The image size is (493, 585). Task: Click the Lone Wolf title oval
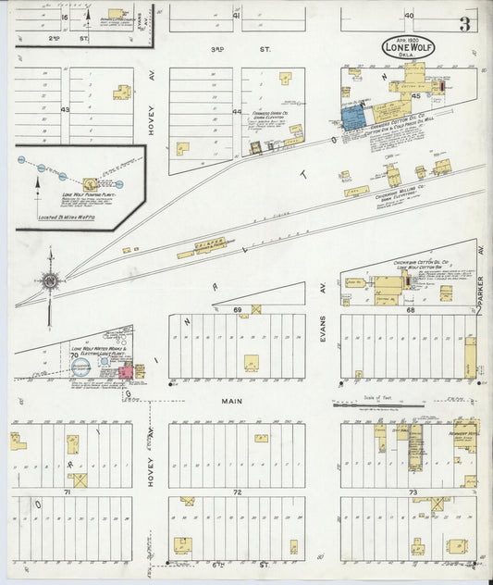coord(410,47)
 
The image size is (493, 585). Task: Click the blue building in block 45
coord(352,118)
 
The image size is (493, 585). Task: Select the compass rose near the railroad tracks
coord(51,280)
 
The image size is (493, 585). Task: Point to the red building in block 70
coord(124,372)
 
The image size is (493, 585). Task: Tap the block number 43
coord(65,110)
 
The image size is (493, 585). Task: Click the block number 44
coord(237,112)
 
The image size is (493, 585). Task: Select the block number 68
coord(410,310)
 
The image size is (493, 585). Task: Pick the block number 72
coord(237,492)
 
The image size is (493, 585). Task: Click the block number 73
coord(413,492)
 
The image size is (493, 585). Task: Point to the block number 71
coord(67,492)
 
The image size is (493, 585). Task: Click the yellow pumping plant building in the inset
coord(91,184)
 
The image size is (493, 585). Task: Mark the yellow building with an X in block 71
coord(80,480)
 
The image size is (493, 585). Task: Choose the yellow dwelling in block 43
coord(121,92)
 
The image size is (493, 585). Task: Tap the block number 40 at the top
coord(408,16)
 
